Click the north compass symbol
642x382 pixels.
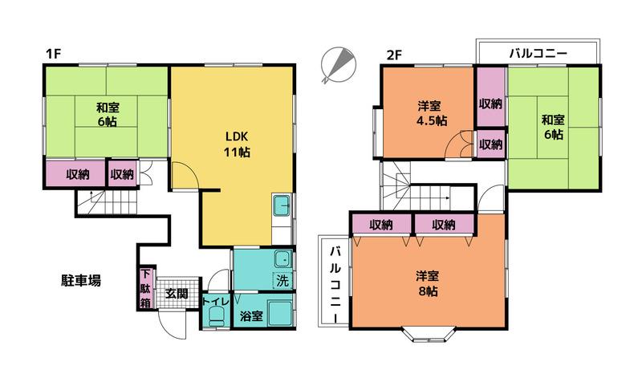pos(339,65)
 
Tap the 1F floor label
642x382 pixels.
pos(53,54)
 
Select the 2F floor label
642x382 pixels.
pos(394,55)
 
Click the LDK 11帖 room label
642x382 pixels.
pos(237,144)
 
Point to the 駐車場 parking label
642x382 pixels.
pos(81,281)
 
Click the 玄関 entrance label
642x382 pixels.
pos(177,294)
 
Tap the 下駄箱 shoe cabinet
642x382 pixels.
pos(146,288)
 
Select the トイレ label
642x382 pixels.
pos(216,301)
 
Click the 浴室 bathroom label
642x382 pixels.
pos(251,316)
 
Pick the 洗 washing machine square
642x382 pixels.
pos(282,280)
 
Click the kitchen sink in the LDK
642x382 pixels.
pos(282,206)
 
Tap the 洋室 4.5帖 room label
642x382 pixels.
pos(429,113)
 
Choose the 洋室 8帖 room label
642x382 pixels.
pos(428,284)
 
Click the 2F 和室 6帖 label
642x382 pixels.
pos(553,127)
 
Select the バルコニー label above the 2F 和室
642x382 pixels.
pos(538,53)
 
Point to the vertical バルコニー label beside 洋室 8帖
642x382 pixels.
pos(335,284)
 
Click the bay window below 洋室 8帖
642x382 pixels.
pos(429,334)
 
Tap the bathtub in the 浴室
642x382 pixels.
pos(280,314)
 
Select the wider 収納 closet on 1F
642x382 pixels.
pos(76,174)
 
